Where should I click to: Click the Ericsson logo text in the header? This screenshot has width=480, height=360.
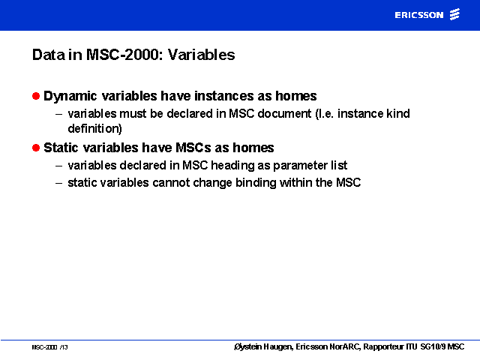tap(418, 15)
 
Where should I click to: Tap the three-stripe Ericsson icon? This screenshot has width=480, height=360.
tap(454, 14)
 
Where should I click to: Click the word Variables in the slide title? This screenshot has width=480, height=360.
tap(201, 55)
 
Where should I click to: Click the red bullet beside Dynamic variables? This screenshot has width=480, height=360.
tap(36, 96)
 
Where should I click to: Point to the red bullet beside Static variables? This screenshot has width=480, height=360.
tap(36, 148)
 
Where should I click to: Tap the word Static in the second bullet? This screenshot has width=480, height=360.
tap(61, 148)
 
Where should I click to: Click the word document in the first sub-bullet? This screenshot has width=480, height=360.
tap(284, 113)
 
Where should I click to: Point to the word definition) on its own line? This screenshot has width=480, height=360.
tap(95, 128)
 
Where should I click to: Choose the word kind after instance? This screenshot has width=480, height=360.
tap(398, 113)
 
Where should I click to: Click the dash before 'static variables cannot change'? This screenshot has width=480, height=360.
tap(58, 183)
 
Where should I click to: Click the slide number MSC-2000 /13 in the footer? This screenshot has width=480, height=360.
tap(49, 347)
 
